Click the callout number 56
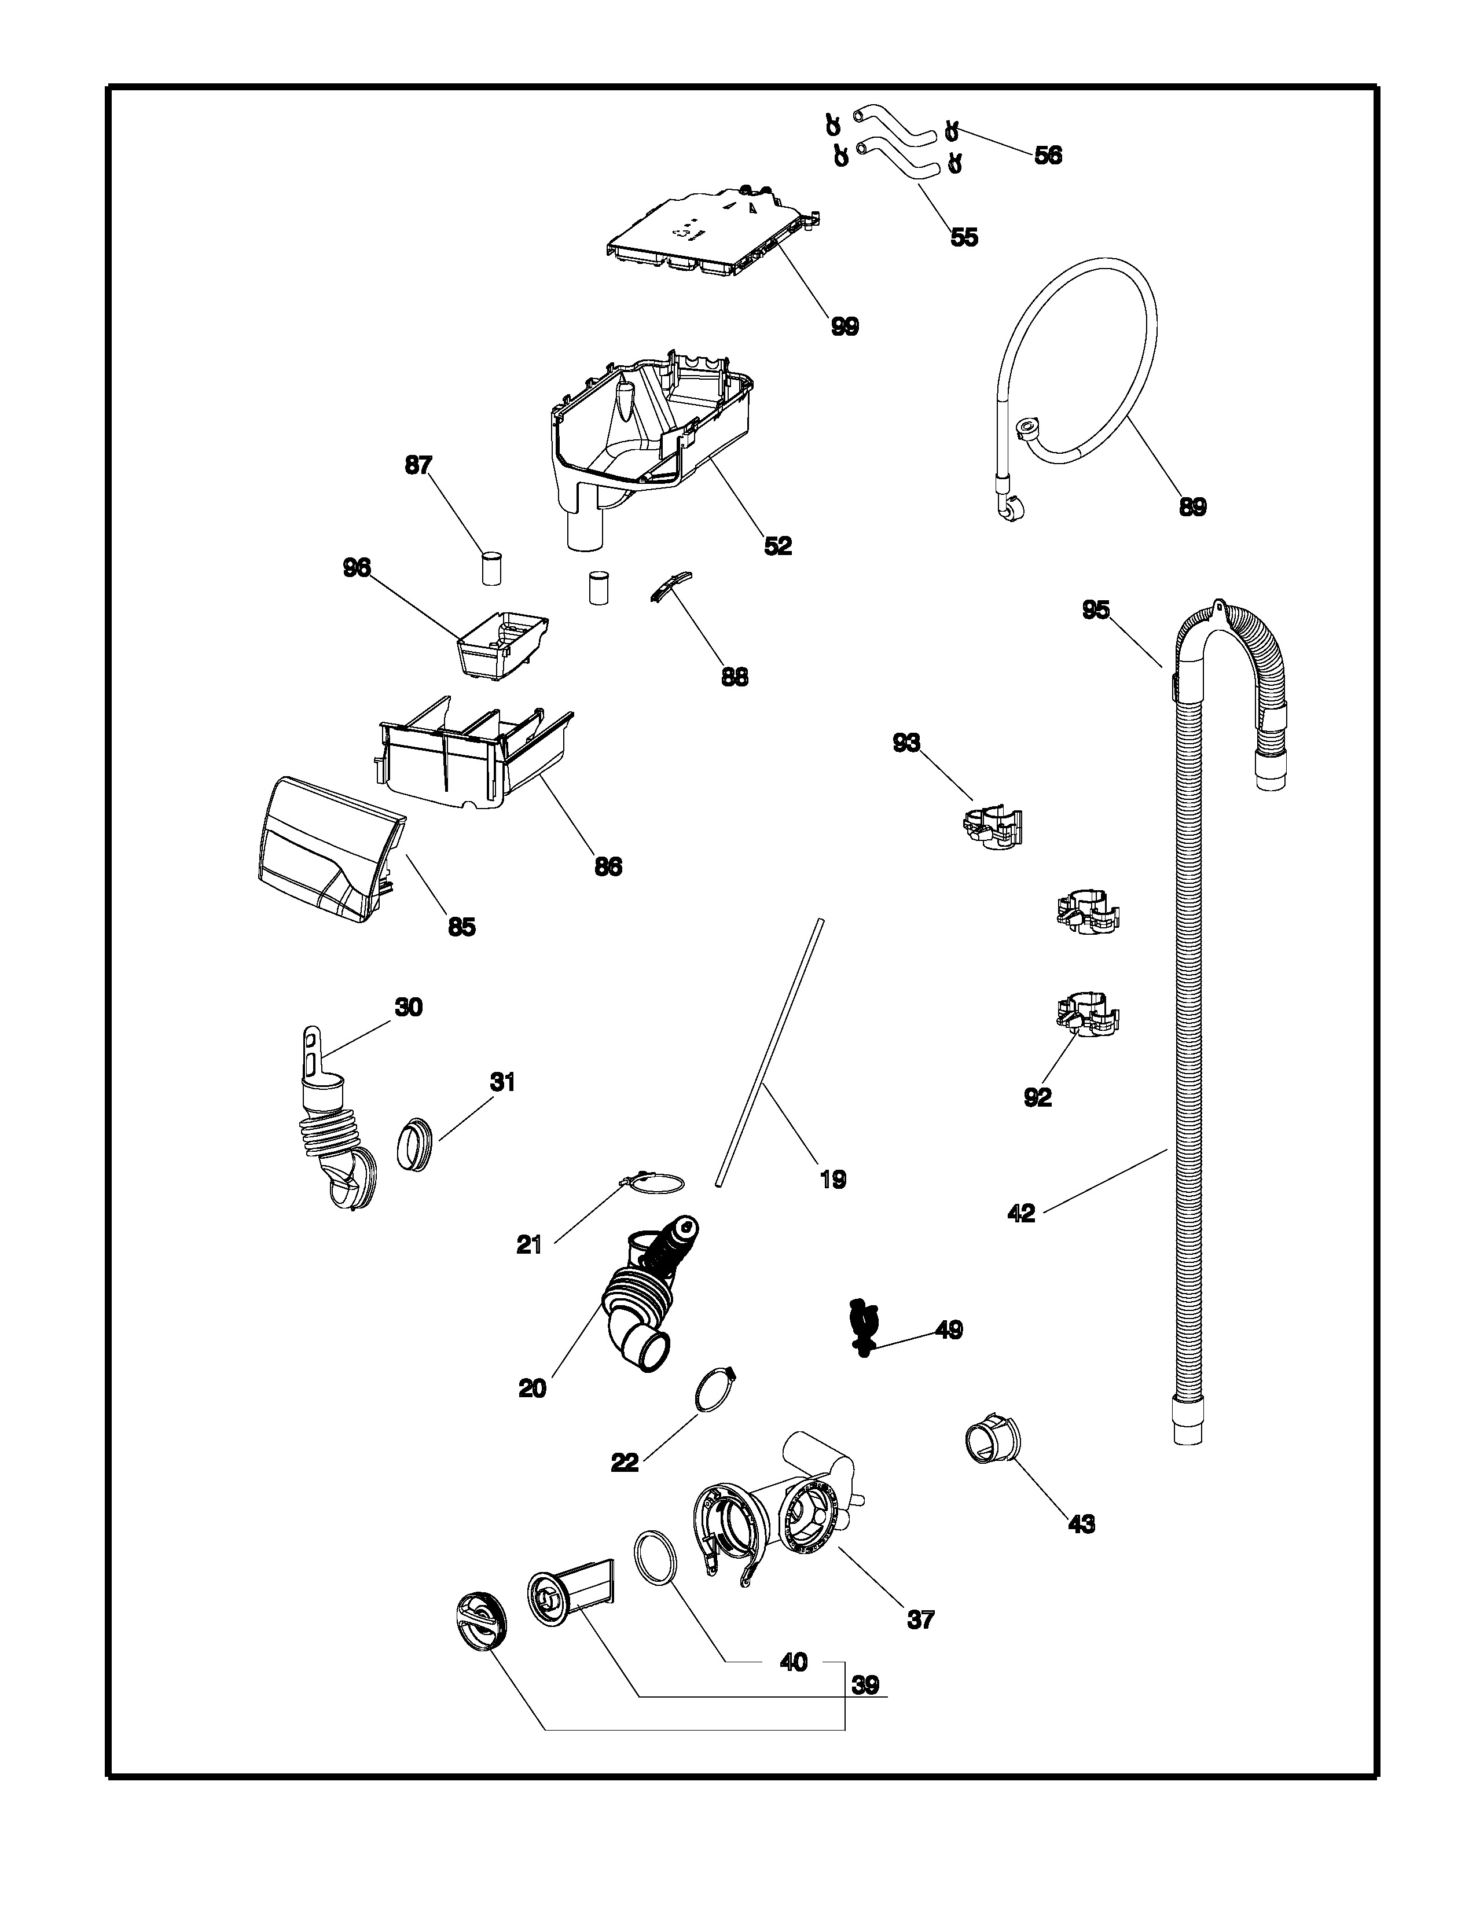tap(1048, 156)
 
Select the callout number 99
tap(844, 326)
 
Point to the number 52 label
tap(777, 546)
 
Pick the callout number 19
tap(832, 1180)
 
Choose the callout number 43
tap(1082, 1525)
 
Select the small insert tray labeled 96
tap(502, 643)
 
